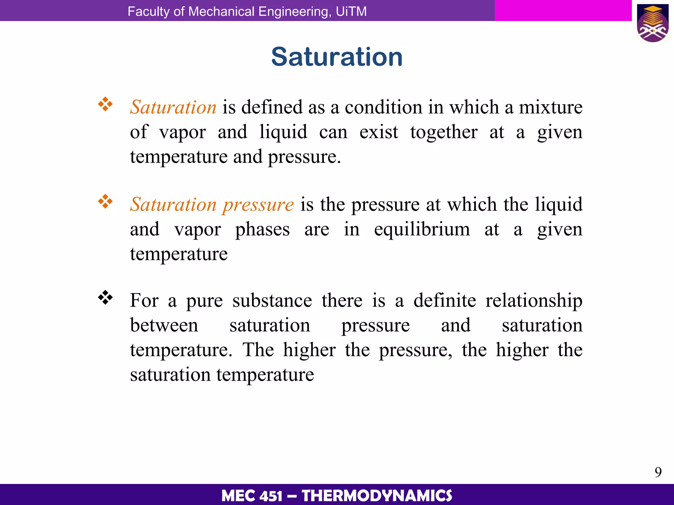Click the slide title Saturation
(x=337, y=57)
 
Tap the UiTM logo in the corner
(x=653, y=23)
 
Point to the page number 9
(x=658, y=472)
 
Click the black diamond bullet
(x=105, y=298)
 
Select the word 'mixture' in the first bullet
(x=551, y=107)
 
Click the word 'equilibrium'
(x=422, y=229)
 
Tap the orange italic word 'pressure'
(x=258, y=204)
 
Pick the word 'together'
(x=444, y=132)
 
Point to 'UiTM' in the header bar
(x=351, y=12)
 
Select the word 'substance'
(x=272, y=301)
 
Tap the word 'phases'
(x=262, y=229)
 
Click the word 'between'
(x=164, y=325)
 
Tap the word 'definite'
(x=445, y=301)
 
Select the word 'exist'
(x=379, y=132)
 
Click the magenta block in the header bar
(x=563, y=11)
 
